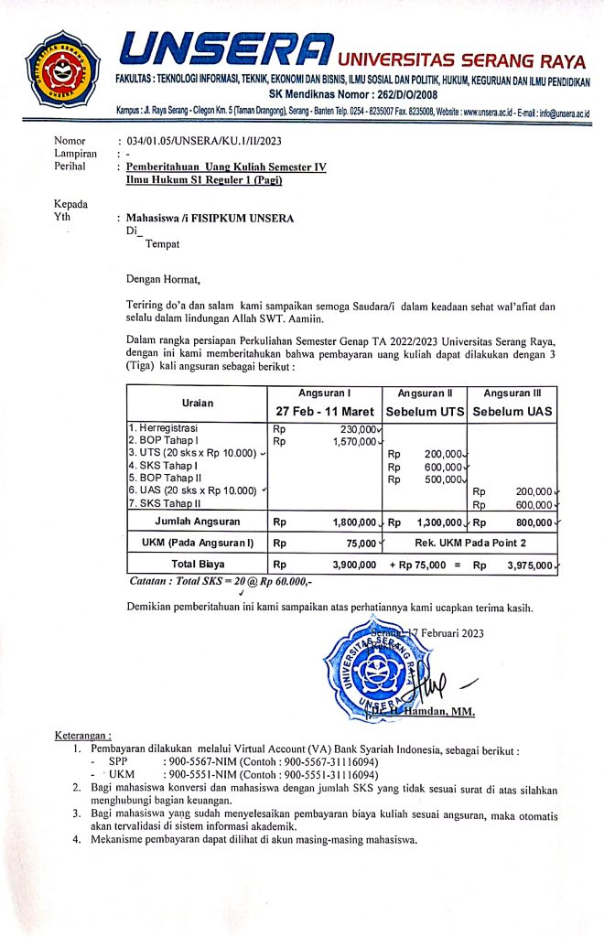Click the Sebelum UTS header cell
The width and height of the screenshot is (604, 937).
pos(425,412)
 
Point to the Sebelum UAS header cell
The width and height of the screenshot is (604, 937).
pos(512,412)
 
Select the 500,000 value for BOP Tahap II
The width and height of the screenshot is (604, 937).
pos(444,479)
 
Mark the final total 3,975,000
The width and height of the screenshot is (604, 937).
pos(528,565)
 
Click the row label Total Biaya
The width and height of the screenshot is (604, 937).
pos(197,565)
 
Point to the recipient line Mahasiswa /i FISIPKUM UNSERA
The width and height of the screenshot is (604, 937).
pos(202,219)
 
